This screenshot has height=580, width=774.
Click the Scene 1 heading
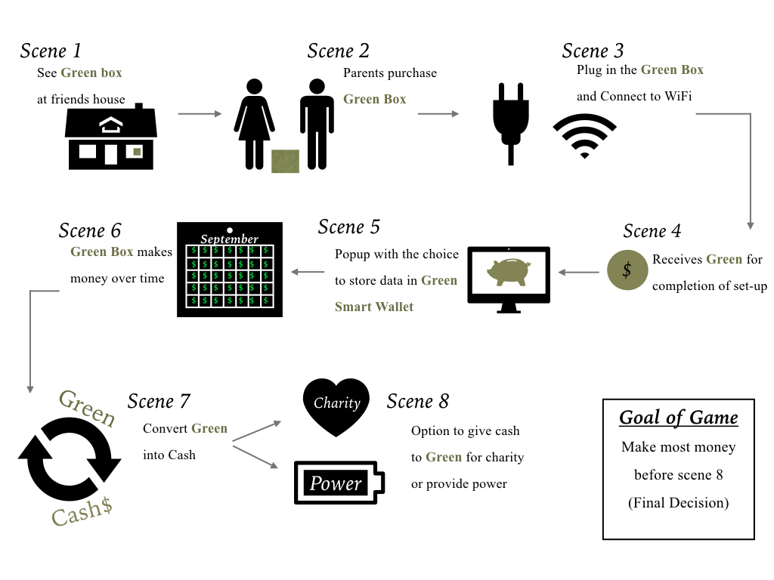click(x=51, y=51)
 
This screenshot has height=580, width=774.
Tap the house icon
click(x=111, y=137)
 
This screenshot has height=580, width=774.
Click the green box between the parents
click(x=285, y=162)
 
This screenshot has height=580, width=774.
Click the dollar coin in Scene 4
click(x=627, y=270)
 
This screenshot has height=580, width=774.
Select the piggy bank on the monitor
click(x=509, y=272)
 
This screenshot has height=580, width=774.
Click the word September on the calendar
click(x=230, y=239)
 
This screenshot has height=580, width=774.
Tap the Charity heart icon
click(x=336, y=407)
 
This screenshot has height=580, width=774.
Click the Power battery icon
click(x=339, y=483)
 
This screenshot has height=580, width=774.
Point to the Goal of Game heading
click(x=679, y=418)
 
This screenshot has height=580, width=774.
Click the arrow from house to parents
click(x=200, y=114)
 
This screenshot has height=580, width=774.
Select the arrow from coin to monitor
click(x=578, y=272)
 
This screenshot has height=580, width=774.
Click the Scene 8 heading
click(x=417, y=402)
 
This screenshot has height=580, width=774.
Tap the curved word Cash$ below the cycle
click(x=82, y=512)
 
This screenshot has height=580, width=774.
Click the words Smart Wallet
click(x=374, y=307)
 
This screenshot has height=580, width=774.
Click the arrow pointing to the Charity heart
click(x=257, y=431)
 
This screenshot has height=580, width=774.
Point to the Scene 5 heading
click(x=349, y=227)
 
